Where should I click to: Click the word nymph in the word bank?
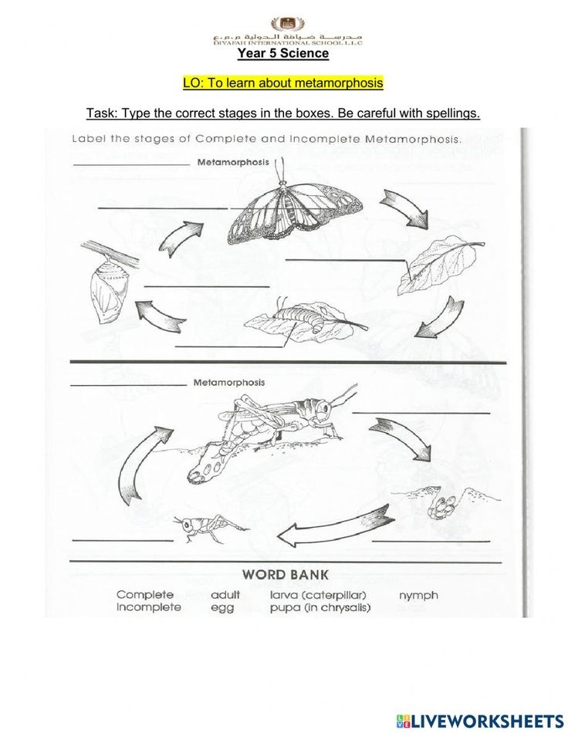pyautogui.click(x=418, y=595)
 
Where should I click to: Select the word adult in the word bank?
pyautogui.click(x=225, y=595)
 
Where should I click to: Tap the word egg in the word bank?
pyautogui.click(x=222, y=607)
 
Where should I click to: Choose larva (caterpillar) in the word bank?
pyautogui.click(x=317, y=595)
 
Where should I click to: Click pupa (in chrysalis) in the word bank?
pyautogui.click(x=320, y=607)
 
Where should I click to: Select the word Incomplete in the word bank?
pyautogui.click(x=149, y=607)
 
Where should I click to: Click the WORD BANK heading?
pyautogui.click(x=285, y=574)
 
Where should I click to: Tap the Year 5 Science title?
pyautogui.click(x=282, y=53)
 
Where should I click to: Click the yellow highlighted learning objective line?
pyautogui.click(x=282, y=83)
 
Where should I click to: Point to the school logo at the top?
pyautogui.click(x=288, y=25)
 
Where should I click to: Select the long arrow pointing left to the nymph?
pyautogui.click(x=333, y=528)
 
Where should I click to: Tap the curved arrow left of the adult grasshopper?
pyautogui.click(x=139, y=467)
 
